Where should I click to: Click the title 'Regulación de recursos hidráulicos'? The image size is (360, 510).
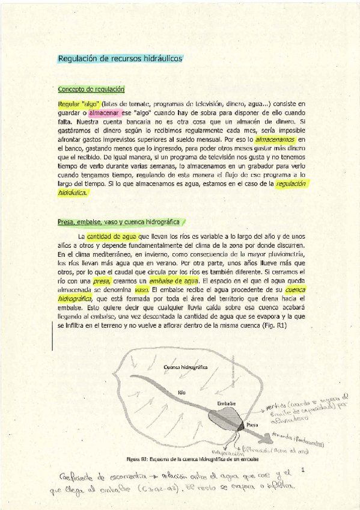(120, 58)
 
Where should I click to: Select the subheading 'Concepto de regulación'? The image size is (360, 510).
(91, 89)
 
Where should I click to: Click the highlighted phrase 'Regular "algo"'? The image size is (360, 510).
(79, 104)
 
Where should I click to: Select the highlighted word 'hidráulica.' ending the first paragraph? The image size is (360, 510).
(73, 193)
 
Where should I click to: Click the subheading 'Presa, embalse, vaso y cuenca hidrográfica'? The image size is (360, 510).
(118, 221)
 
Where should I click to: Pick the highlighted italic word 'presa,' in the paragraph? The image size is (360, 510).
(102, 281)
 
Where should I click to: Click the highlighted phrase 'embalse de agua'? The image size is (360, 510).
(174, 281)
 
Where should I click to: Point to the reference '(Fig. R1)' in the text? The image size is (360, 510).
(273, 325)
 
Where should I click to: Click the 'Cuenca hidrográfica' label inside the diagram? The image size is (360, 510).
(186, 366)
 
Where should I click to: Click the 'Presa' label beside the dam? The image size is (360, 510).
(253, 425)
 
